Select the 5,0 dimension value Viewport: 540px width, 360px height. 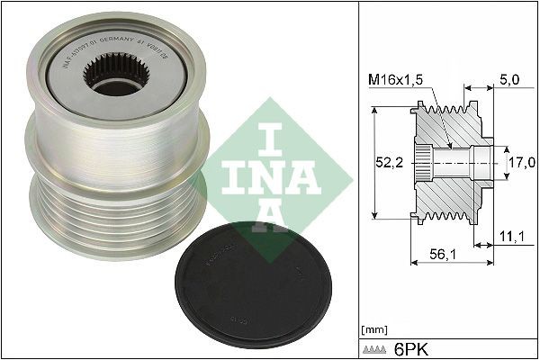(508, 80)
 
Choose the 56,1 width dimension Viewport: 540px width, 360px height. (442, 254)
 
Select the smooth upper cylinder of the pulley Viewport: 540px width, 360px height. (99, 135)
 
